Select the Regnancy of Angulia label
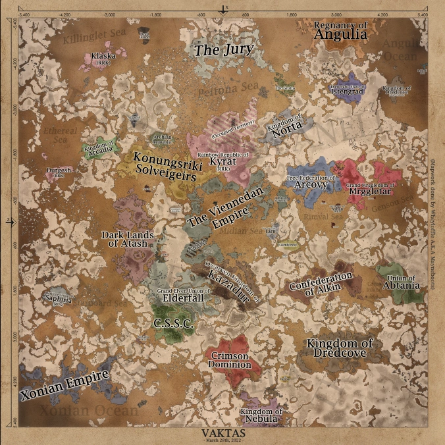pos(340,30)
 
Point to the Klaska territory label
pos(103,57)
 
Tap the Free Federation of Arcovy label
pos(311,182)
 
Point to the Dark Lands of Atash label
pos(127,240)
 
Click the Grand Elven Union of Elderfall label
pos(180,295)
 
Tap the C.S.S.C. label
pos(172,324)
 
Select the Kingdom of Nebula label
pos(261,415)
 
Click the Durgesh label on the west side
pos(59,172)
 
